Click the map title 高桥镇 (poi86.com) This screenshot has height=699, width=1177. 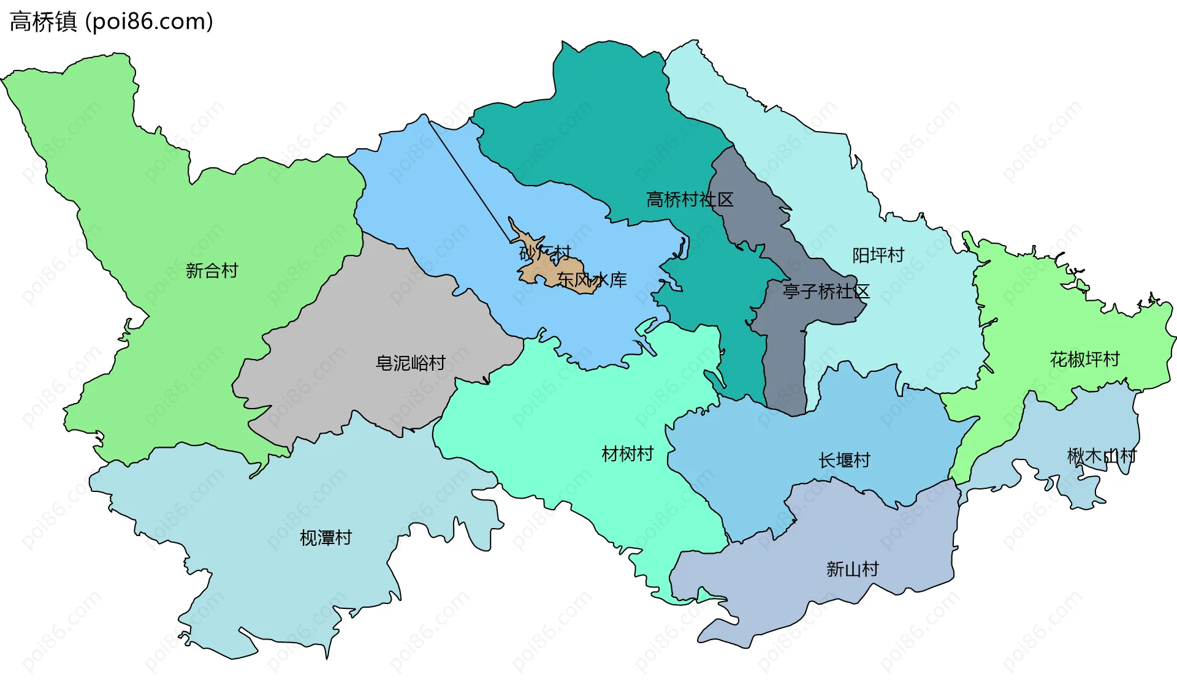pos(111,21)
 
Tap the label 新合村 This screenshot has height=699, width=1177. pos(211,271)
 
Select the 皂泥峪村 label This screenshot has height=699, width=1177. pos(410,363)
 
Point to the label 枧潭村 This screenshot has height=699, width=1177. pos(326,538)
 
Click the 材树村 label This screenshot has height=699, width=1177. pos(627,454)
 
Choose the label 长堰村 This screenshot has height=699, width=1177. pos(844,460)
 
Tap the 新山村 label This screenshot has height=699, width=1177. pos(852,569)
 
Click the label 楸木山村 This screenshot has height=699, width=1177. pos(1101,456)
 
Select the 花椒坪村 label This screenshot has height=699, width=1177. pos(1084,359)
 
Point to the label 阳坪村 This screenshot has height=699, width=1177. pos(878,255)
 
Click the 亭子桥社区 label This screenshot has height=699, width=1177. pos(826,292)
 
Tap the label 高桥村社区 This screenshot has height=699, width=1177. pos(690,200)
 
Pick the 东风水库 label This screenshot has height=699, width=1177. pos(592,280)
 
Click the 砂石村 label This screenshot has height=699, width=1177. pos(545,252)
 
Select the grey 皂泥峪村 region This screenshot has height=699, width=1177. pos(368,319)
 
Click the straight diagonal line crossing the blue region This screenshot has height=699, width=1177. pos(469,181)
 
